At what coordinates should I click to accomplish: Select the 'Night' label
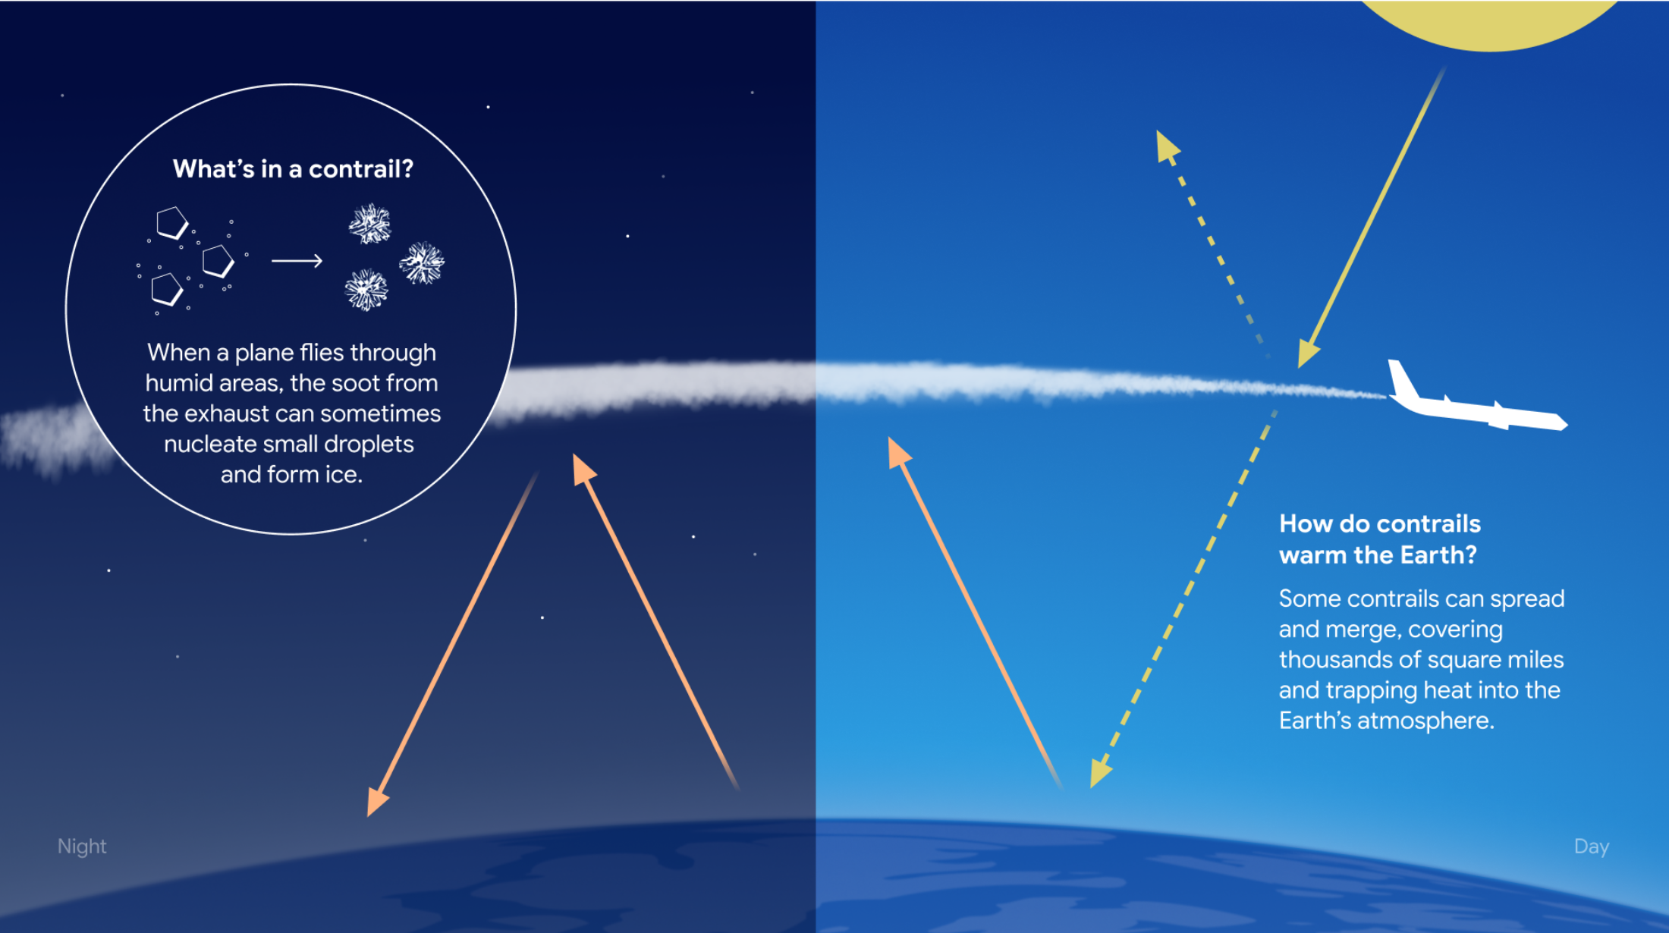82,847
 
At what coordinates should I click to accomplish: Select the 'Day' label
1592,847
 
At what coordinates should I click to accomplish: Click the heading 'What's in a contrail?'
293,168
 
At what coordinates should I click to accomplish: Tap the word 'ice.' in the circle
344,475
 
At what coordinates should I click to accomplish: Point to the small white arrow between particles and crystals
297,261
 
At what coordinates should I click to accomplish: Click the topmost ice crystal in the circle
369,224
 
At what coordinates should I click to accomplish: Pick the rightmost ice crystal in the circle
422,263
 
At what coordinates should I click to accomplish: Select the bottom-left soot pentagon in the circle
167,290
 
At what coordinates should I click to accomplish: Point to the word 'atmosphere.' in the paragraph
1425,721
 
